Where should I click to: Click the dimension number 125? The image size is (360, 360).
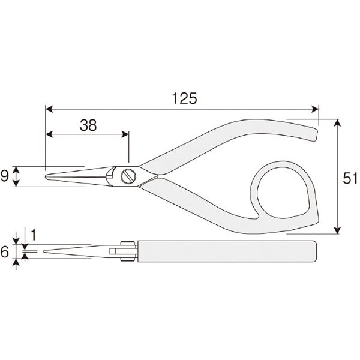tap(184, 98)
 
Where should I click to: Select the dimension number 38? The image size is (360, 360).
tap(88, 125)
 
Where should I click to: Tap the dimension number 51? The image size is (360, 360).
tap(350, 178)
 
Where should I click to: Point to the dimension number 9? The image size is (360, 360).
tap(5, 176)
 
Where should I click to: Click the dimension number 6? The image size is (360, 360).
tap(5, 251)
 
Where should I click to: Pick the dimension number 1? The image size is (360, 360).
tap(34, 235)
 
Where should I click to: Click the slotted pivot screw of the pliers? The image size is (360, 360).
tap(128, 176)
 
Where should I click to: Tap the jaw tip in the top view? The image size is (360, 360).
tap(47, 177)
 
